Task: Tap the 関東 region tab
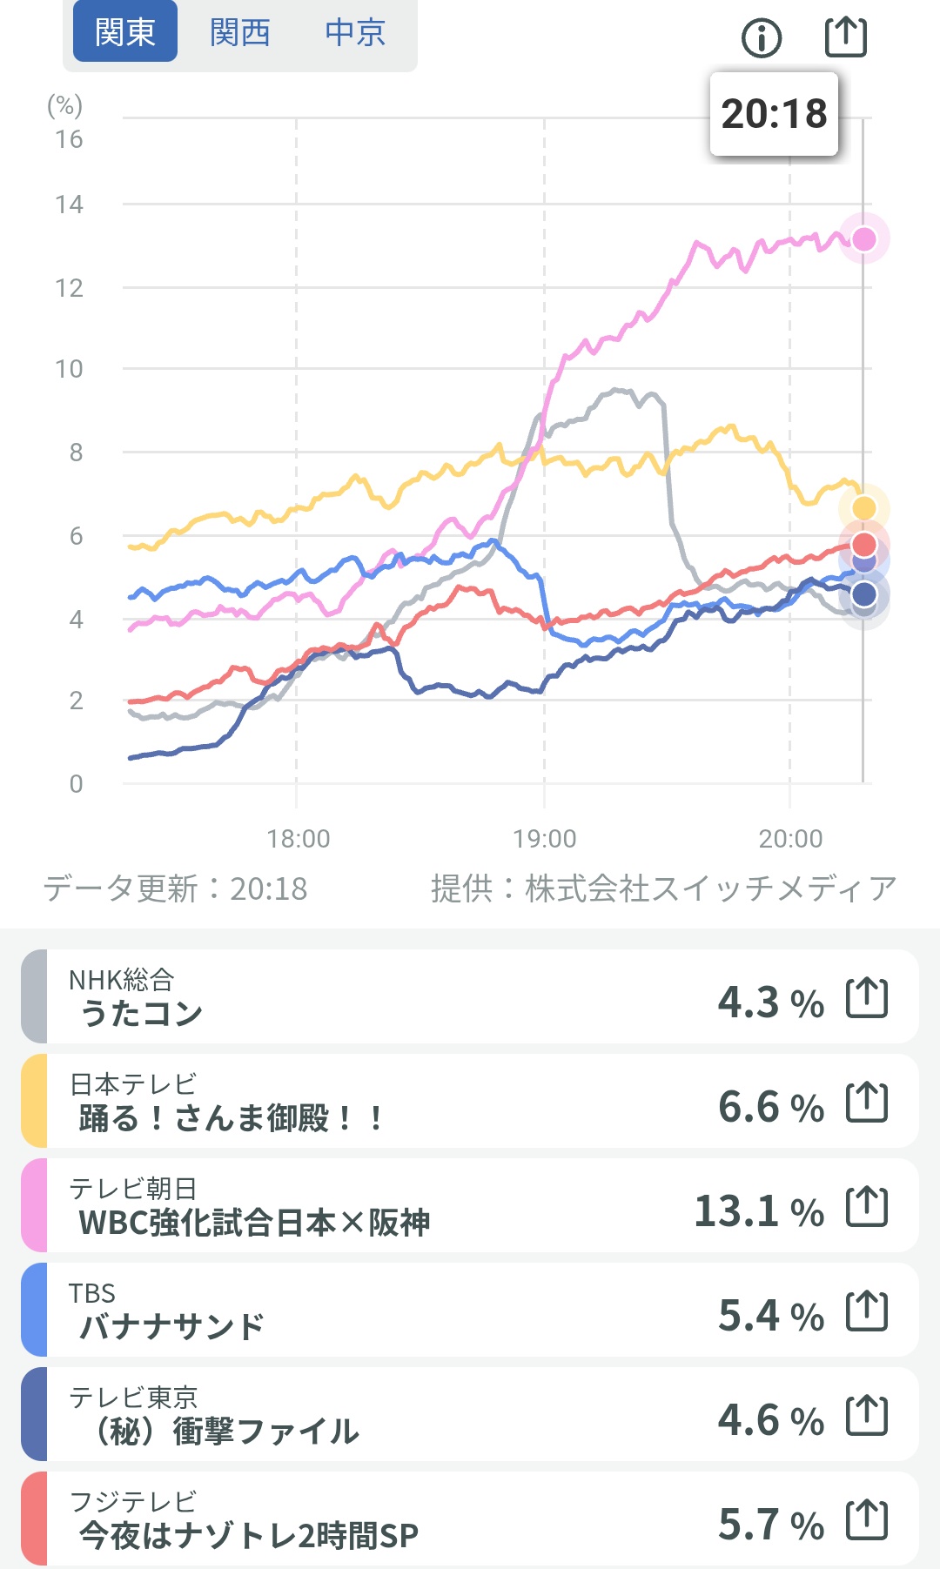pyautogui.click(x=125, y=32)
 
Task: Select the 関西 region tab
pyautogui.click(x=240, y=32)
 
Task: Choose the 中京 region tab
pyautogui.click(x=355, y=32)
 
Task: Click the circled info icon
pyautogui.click(x=762, y=37)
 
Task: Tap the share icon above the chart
pyautogui.click(x=845, y=37)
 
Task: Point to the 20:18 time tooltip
pyautogui.click(x=774, y=114)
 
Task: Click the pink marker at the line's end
pyautogui.click(x=863, y=238)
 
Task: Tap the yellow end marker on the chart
pyautogui.click(x=863, y=507)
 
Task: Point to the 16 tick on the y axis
pyautogui.click(x=69, y=139)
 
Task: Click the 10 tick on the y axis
pyautogui.click(x=69, y=369)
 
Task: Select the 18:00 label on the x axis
pyautogui.click(x=298, y=839)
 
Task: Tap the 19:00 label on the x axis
pyautogui.click(x=544, y=839)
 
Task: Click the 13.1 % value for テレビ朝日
pyautogui.click(x=758, y=1210)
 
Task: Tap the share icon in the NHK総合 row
pyautogui.click(x=867, y=998)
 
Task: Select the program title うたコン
pyautogui.click(x=141, y=1013)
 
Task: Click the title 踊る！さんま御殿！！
pyautogui.click(x=231, y=1117)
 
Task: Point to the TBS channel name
pyautogui.click(x=92, y=1293)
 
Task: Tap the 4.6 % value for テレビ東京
pyautogui.click(x=770, y=1419)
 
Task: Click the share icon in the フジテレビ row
pyautogui.click(x=867, y=1520)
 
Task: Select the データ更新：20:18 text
pyautogui.click(x=175, y=888)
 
